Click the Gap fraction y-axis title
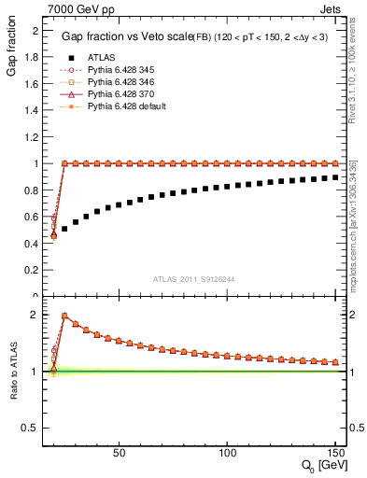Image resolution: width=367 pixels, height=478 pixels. pyautogui.click(x=12, y=52)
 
